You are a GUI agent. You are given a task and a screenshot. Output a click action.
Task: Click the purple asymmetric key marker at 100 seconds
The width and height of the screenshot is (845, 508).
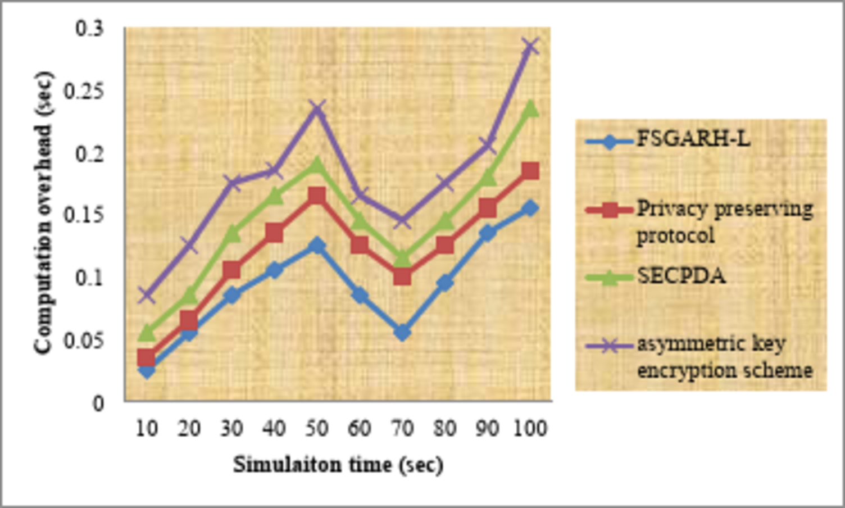tap(530, 46)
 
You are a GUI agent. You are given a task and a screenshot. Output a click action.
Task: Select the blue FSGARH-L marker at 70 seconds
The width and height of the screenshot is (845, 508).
tap(402, 333)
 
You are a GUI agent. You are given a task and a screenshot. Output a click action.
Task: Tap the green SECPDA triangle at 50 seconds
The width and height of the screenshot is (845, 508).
tap(316, 165)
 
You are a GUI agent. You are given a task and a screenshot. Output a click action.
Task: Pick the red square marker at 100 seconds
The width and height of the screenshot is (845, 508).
tap(530, 171)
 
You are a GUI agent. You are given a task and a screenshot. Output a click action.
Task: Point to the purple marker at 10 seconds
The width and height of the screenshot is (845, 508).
tap(146, 294)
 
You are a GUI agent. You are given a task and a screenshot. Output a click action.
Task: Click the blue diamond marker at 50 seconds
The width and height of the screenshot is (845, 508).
tap(316, 246)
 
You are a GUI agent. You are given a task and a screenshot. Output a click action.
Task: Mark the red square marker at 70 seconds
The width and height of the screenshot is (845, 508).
tap(402, 276)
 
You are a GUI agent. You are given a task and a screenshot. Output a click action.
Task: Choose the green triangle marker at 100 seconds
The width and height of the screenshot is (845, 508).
tap(530, 108)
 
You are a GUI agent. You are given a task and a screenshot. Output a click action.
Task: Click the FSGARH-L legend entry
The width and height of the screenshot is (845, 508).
tap(692, 139)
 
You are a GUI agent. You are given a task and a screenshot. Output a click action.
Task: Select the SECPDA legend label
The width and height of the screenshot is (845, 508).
tap(681, 276)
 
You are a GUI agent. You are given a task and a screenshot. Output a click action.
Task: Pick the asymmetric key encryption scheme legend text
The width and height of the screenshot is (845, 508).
tap(724, 357)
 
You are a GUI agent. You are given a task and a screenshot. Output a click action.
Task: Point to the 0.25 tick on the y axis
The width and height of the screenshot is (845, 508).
tap(84, 91)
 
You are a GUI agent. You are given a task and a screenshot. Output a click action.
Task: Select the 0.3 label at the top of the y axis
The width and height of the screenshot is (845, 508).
tap(90, 28)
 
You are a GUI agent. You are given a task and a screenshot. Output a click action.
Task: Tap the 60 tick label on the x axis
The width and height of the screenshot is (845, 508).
tap(359, 429)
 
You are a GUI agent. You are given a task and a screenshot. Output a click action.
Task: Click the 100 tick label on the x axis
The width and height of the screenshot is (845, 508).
tap(530, 429)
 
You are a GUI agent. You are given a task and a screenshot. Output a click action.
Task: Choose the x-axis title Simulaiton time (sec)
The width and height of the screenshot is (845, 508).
tap(338, 465)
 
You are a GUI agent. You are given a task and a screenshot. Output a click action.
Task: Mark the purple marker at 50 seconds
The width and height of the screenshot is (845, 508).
tap(316, 108)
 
